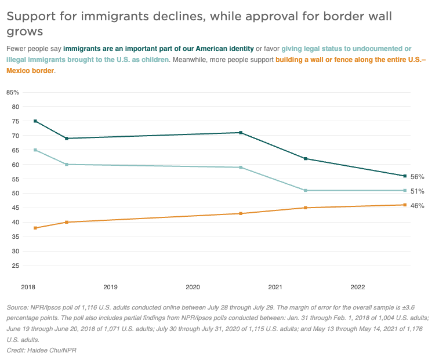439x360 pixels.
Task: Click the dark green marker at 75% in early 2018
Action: coord(35,121)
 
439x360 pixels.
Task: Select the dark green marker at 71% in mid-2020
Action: coord(241,133)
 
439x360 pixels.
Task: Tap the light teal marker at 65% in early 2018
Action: coord(35,150)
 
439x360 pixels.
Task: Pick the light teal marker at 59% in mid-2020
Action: coord(241,168)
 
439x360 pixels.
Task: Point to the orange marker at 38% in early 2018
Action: coord(35,228)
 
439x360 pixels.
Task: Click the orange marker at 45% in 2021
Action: coord(306,208)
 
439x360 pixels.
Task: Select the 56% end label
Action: coord(417,176)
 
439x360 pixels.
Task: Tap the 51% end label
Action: coord(417,191)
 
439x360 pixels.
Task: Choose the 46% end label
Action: coord(417,205)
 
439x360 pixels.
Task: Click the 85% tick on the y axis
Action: coord(13,92)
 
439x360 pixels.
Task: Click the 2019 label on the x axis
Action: coord(110,287)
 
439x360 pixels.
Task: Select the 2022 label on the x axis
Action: coord(357,287)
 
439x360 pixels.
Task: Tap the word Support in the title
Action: coord(30,16)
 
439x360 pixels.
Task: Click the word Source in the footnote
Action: coord(17,307)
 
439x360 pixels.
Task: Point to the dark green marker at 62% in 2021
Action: coord(306,159)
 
